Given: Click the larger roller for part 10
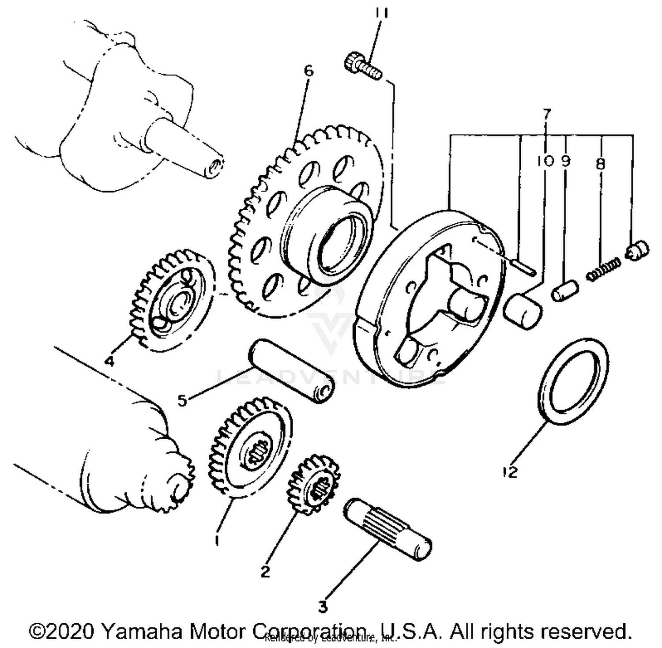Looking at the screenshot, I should tap(523, 313).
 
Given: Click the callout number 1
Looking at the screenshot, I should tap(216, 540).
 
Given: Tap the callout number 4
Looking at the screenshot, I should tap(109, 361).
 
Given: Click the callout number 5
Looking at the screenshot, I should tap(182, 400).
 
